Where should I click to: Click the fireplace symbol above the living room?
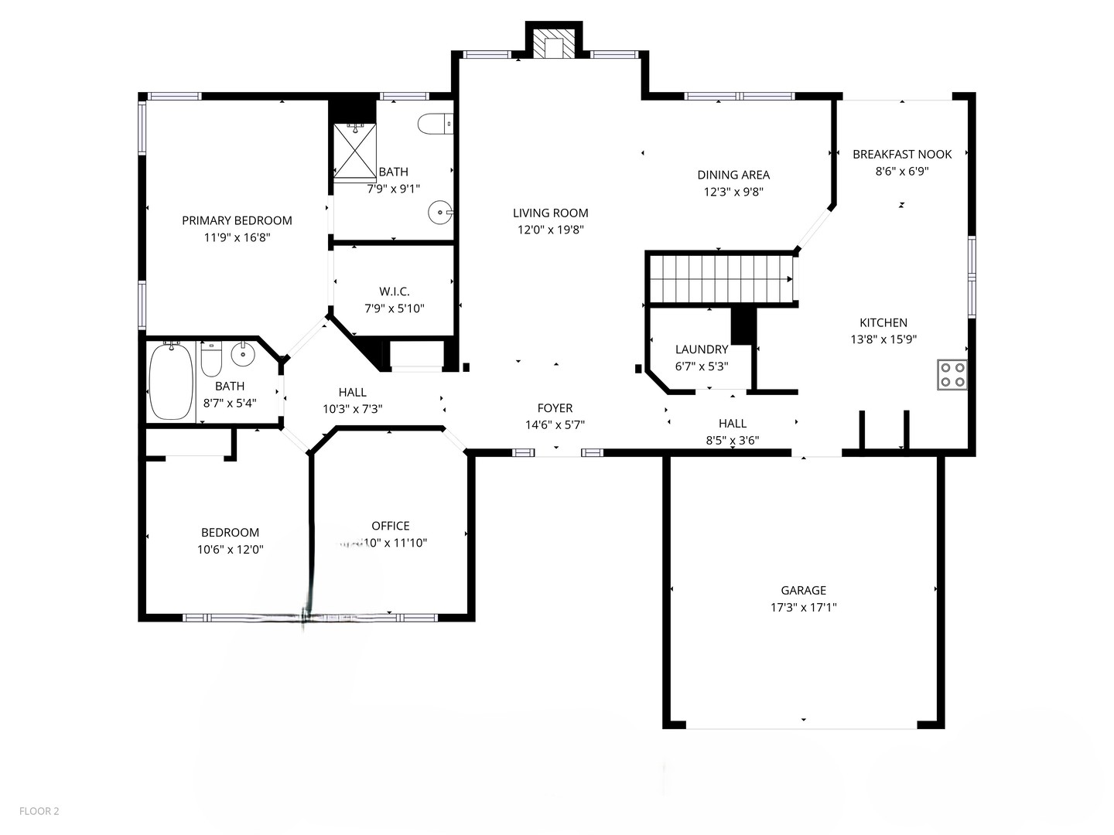[554, 46]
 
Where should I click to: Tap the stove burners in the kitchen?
[952, 374]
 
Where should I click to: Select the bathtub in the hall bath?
[171, 381]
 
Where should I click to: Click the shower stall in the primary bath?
[354, 150]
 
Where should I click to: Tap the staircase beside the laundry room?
[719, 278]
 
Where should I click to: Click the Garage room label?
[803, 590]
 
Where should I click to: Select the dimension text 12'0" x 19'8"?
[550, 230]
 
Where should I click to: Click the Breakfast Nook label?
[902, 154]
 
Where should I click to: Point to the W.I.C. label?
[395, 291]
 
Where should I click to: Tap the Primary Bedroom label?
[237, 220]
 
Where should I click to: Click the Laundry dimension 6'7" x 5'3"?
[702, 366]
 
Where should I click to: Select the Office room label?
[391, 526]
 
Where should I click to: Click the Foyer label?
[555, 408]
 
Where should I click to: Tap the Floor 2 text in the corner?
[39, 811]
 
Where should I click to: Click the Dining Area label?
[733, 175]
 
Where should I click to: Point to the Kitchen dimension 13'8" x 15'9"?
[883, 339]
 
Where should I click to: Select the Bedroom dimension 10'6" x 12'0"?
[230, 550]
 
